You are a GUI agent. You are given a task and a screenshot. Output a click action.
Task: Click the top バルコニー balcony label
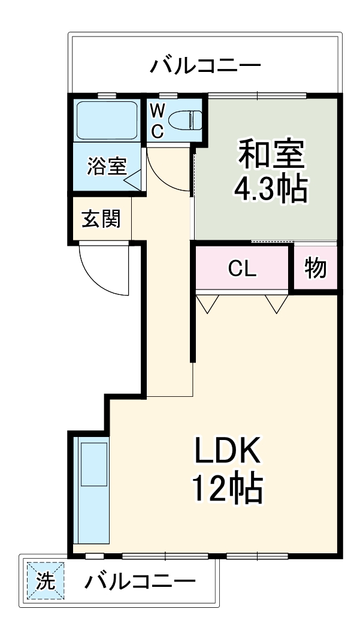click(x=205, y=64)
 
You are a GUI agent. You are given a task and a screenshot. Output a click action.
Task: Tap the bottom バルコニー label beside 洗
click(x=139, y=581)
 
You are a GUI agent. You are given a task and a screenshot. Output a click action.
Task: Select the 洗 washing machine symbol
click(x=45, y=581)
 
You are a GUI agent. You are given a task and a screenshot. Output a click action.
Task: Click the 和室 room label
click(x=272, y=154)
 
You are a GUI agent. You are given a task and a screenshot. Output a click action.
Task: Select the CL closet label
click(x=242, y=269)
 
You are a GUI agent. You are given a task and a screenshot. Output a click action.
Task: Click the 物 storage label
click(x=315, y=269)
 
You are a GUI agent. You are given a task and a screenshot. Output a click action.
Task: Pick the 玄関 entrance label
click(x=101, y=219)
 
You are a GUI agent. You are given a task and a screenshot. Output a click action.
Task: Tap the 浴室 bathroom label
click(x=107, y=166)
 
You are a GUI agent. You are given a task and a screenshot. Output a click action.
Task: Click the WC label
click(x=157, y=121)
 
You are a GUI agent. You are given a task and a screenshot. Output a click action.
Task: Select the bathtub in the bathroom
click(x=107, y=119)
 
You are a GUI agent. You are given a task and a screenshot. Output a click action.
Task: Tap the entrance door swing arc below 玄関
click(x=105, y=270)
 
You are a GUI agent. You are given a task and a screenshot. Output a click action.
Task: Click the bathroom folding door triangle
click(x=135, y=180)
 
